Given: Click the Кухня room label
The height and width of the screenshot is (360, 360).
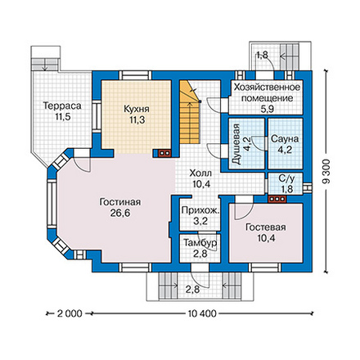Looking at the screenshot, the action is point(137,109).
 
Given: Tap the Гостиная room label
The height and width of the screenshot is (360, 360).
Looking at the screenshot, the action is point(120,202).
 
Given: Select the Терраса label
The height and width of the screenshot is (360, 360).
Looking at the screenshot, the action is point(62,106).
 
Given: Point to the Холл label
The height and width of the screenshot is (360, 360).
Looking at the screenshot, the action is point(200,173).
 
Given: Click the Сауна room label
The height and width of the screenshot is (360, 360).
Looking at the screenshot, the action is point(285,139).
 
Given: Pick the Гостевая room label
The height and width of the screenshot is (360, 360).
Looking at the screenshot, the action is point(266,227).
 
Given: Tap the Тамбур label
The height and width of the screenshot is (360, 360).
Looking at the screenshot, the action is point(200,242).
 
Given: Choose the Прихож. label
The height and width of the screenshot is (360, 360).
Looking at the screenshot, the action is point(200,210).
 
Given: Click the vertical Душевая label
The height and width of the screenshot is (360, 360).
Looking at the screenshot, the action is point(236,144).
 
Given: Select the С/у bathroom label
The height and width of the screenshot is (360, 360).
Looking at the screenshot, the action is point(286,178).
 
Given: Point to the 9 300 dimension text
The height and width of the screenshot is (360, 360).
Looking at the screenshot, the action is point(327,172).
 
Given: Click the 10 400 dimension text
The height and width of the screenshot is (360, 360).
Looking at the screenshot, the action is point(202,313).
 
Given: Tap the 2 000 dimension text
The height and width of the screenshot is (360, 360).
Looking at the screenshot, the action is point(70,313).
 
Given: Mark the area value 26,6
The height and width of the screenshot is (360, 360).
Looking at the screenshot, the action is point(120,213).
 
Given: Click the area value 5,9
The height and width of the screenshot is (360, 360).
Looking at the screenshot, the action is point(267,109).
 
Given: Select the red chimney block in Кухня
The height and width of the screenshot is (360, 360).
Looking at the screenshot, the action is point(164,153).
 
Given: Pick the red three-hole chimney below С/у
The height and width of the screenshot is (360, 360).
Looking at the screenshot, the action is point(277,199).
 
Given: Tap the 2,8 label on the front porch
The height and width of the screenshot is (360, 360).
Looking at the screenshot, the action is point(192,290).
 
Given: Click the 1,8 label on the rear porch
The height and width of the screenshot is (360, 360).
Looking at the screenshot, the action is point(262,55).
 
